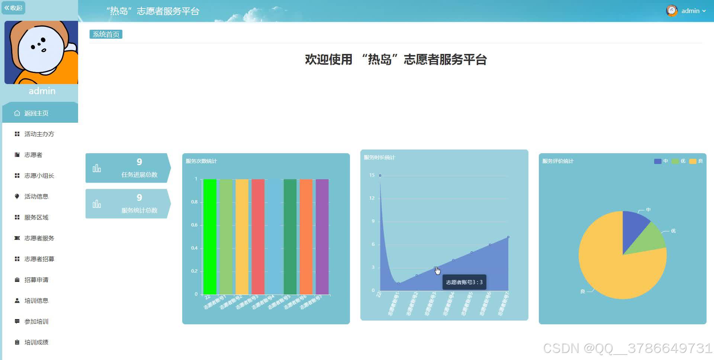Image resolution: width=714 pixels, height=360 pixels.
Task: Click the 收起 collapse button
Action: point(13,8)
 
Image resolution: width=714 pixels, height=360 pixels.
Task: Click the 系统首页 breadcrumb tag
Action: point(106,35)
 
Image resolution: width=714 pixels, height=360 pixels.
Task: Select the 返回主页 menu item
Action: point(36,113)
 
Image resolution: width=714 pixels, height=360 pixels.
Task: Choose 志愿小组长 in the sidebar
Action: point(39,176)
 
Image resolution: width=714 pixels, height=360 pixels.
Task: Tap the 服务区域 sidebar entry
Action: point(36,217)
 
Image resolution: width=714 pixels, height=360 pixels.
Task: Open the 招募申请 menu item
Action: point(36,280)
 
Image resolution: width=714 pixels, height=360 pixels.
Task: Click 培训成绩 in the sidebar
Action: point(36,342)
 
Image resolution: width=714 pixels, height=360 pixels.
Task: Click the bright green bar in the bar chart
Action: point(210,237)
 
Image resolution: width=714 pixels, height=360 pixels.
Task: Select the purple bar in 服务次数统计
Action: point(322,237)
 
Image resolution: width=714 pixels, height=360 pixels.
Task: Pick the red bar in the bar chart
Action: point(258,237)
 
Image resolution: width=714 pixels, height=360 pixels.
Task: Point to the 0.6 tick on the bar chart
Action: point(194,225)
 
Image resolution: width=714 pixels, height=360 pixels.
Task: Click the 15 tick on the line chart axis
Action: point(372,175)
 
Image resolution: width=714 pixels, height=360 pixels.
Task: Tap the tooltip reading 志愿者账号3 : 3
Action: point(464,282)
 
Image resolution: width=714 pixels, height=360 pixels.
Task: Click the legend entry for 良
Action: point(696,161)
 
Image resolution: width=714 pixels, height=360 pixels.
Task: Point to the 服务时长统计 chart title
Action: point(379,157)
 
